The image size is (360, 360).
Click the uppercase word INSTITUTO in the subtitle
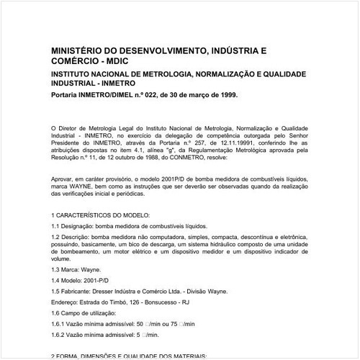pos(72,75)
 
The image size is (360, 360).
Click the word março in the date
pos(197,94)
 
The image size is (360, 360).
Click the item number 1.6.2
pos(60,336)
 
